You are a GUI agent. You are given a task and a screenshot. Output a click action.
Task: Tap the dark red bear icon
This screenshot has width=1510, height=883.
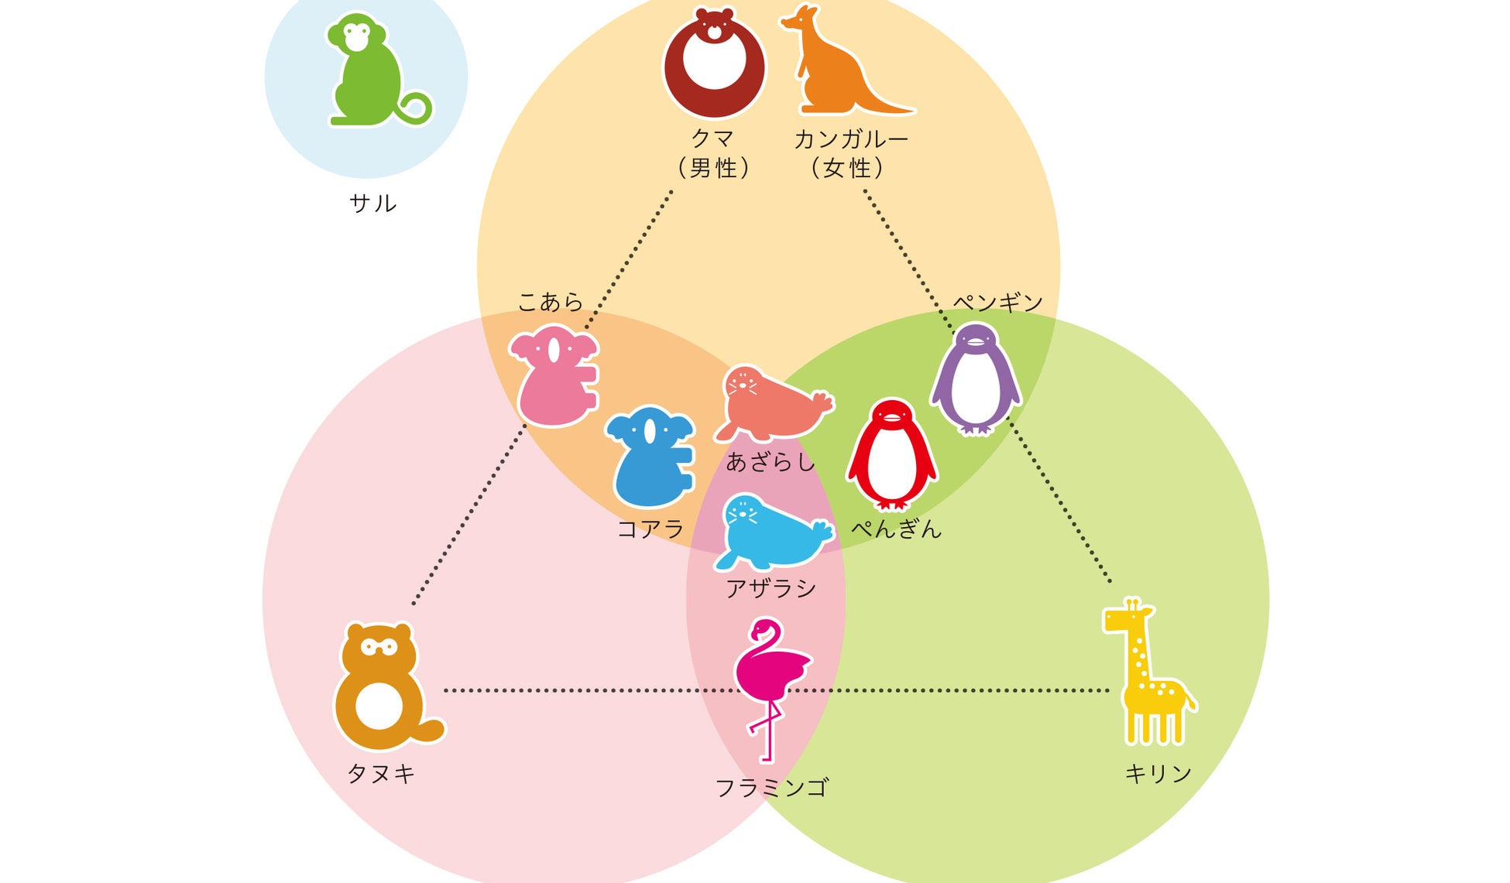[714, 66]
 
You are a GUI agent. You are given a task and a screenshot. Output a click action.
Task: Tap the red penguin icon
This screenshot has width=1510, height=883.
[892, 457]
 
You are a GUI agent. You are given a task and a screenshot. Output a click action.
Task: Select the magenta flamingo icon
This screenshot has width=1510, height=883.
[768, 681]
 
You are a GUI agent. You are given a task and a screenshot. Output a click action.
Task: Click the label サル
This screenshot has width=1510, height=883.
[373, 204]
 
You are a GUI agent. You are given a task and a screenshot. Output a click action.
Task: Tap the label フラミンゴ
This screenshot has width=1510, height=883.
[771, 788]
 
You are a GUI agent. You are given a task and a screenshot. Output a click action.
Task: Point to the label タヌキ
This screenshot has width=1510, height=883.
[381, 773]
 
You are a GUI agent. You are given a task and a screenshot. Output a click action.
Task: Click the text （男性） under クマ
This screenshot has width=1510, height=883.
[713, 168]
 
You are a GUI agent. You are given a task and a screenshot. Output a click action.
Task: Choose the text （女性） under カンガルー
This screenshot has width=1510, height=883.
[847, 168]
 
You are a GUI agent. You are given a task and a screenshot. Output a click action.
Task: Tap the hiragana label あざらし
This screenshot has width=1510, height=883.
[770, 463]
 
